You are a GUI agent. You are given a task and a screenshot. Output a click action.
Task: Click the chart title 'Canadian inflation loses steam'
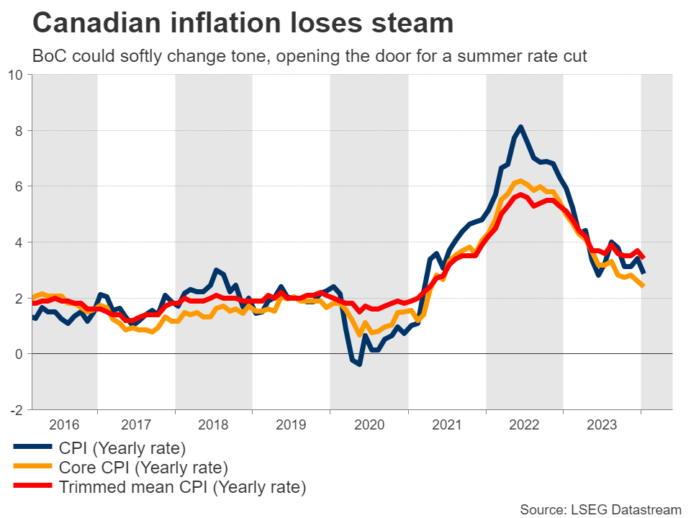(x=243, y=24)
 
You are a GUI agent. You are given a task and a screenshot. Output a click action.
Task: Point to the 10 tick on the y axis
(x=16, y=75)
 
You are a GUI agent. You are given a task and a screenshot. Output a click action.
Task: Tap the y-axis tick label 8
(x=19, y=130)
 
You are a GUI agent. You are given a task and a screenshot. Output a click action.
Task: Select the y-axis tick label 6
(x=19, y=186)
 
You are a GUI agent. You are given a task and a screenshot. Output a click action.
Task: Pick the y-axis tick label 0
(x=19, y=354)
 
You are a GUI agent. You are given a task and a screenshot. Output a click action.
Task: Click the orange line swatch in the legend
(x=32, y=468)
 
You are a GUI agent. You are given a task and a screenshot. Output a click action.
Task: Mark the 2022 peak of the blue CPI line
(x=520, y=127)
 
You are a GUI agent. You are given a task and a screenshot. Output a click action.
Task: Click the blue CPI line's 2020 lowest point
(x=359, y=364)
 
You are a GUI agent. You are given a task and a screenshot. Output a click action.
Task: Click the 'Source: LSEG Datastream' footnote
(x=600, y=509)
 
